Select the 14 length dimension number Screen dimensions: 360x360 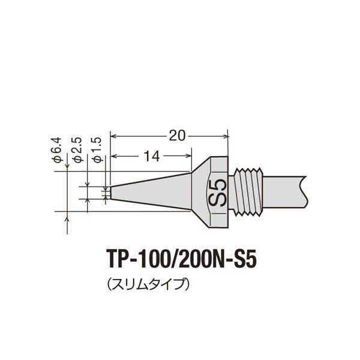(151, 157)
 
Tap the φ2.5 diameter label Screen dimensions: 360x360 (76, 150)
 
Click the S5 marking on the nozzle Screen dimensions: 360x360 (218, 192)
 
